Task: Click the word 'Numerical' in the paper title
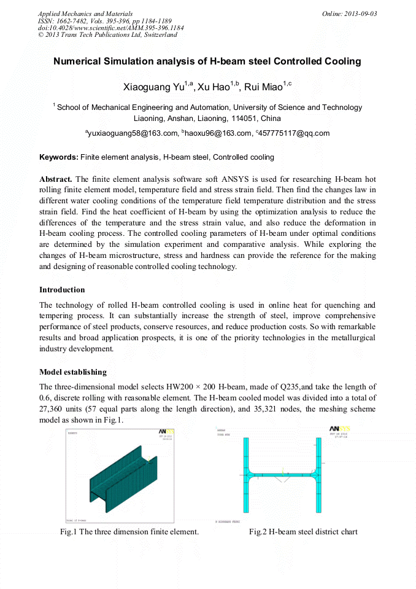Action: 76,61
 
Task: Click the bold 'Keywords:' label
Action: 58,157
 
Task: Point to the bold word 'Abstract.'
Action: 56,179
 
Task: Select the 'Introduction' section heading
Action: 62,289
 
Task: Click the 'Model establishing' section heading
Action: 73,372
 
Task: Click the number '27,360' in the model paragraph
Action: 52,408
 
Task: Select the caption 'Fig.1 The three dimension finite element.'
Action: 129,531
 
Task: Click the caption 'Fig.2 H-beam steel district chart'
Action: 303,531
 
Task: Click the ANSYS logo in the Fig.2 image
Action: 339,429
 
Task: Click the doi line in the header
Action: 110,28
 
